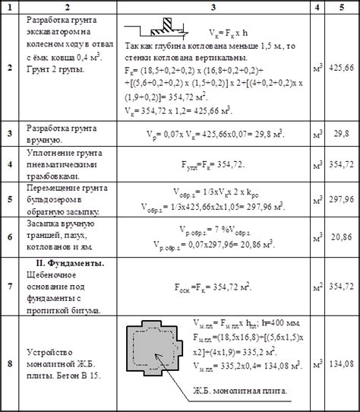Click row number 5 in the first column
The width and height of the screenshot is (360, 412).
coord(10,198)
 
